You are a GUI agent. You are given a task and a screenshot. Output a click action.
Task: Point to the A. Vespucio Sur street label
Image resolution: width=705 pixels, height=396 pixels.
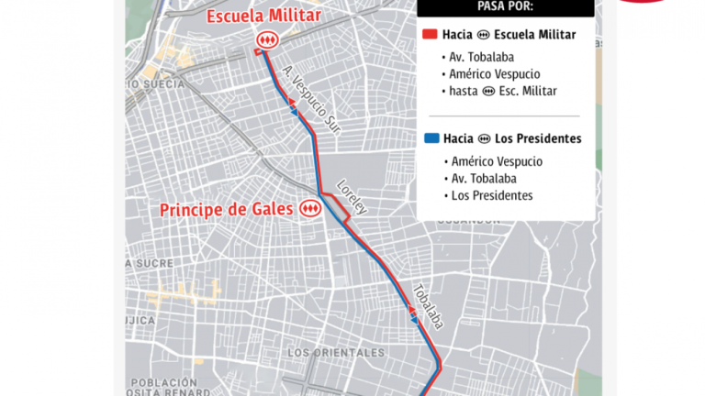coord(312,101)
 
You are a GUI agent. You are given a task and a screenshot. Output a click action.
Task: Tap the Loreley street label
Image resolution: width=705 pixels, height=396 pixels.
coord(352,195)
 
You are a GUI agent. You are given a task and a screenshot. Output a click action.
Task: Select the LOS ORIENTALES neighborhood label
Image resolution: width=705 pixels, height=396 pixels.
coord(335,352)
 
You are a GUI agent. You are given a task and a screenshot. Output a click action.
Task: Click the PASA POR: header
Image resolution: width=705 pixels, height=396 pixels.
coord(505,6)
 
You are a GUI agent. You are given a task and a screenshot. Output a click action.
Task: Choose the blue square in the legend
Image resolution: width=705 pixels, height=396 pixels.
coord(431,139)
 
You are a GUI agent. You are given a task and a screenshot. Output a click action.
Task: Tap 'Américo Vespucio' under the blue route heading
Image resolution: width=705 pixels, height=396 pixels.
coord(497,161)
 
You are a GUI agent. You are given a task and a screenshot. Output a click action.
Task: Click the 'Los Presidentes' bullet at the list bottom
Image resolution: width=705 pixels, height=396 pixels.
coord(492,195)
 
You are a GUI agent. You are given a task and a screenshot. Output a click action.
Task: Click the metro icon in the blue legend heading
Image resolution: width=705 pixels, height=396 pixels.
coord(484,139)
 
